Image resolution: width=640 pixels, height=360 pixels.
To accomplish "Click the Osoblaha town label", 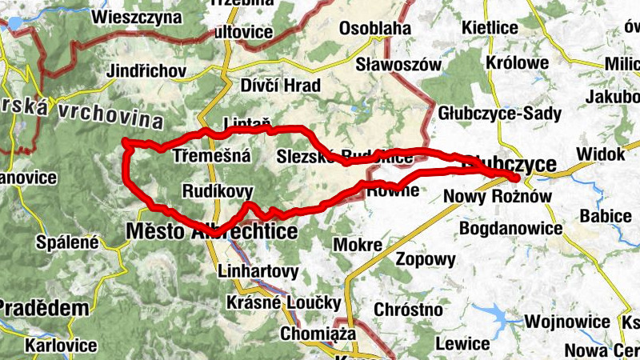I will coord(375,29).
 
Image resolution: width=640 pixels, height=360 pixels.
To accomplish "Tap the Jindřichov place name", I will coord(146,70).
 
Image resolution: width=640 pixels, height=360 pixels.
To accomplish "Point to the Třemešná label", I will coord(212,157).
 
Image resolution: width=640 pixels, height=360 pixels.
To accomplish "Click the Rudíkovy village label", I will coord(218,191).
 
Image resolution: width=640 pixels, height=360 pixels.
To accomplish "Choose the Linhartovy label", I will coord(258,271).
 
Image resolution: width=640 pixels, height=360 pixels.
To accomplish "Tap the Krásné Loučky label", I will coord(284,303).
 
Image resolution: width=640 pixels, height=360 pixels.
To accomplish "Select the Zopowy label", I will coord(426,259).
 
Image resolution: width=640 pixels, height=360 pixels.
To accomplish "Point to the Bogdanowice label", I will coord(511,229).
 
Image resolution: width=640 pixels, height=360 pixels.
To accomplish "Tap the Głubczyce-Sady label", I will coord(500,114).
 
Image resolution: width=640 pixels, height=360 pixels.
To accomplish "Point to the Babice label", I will coord(606,215).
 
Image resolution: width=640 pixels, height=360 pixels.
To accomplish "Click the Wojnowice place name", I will coord(567,322).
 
